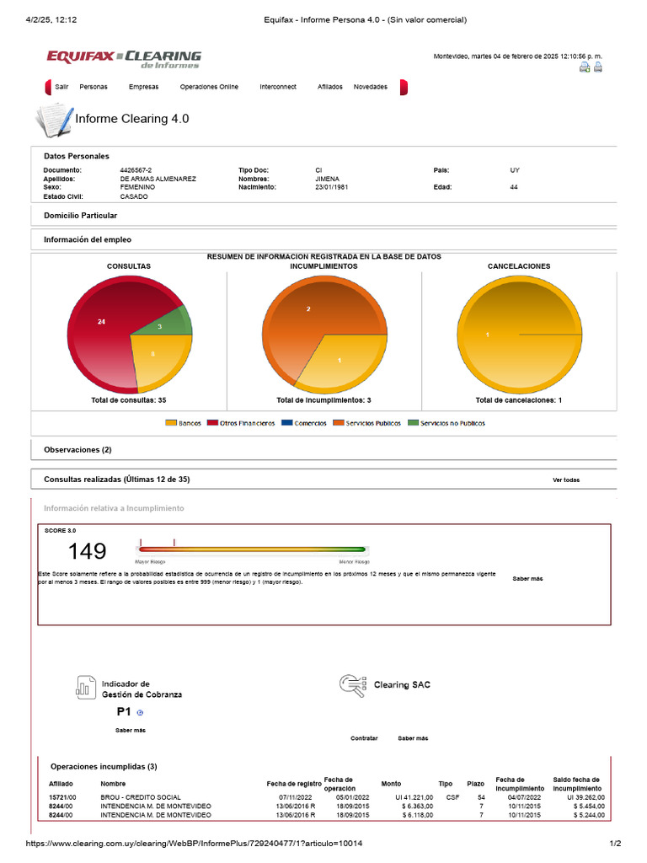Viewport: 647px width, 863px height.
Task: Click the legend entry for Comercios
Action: (x=304, y=423)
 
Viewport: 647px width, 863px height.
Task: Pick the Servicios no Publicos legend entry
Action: (x=446, y=423)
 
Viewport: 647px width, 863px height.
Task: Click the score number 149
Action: (x=87, y=551)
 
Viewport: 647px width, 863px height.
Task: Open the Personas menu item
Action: (x=94, y=87)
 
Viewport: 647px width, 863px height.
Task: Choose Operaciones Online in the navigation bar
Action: (x=209, y=87)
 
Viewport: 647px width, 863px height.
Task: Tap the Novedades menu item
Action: (x=371, y=87)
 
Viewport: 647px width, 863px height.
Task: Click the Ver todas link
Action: (x=566, y=480)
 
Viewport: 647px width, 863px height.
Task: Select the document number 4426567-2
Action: (x=136, y=170)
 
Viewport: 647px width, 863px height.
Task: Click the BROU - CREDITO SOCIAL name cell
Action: (x=141, y=797)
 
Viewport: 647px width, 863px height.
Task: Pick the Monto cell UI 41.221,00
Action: (x=414, y=797)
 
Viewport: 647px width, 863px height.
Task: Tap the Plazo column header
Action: (x=476, y=784)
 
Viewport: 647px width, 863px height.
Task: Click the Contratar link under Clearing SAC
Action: (x=364, y=738)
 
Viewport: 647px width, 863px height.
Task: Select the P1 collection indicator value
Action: (x=124, y=711)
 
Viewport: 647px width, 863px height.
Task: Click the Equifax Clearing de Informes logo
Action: (x=124, y=59)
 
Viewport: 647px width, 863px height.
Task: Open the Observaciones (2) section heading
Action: (x=78, y=450)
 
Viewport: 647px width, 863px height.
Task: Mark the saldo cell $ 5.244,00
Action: (x=589, y=815)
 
